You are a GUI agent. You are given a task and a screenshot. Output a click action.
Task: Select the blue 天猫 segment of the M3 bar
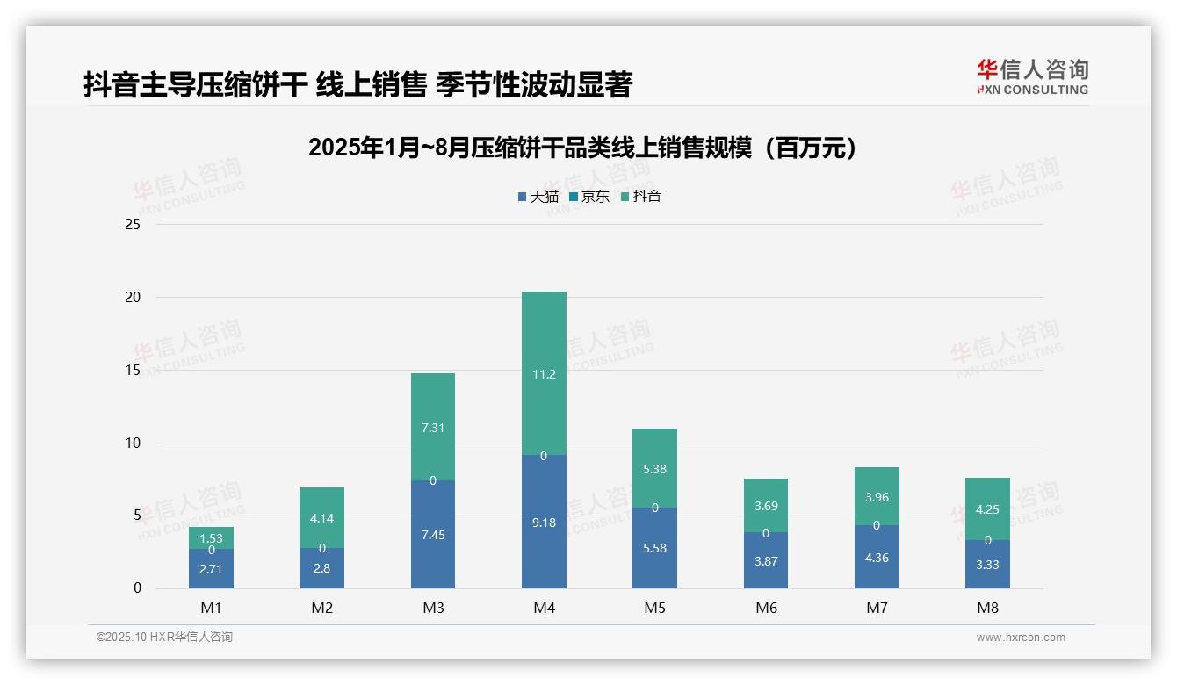tap(433, 549)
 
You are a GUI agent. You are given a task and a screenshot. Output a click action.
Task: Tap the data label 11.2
tap(544, 374)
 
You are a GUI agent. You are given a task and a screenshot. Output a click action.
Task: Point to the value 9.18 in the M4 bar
tap(544, 523)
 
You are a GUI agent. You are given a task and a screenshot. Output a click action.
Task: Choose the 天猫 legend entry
tap(538, 197)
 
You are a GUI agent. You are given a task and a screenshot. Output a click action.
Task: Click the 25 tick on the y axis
tap(133, 225)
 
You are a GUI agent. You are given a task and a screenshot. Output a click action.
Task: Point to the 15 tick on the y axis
tap(133, 370)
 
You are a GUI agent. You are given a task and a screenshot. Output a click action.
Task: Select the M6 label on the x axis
tap(766, 608)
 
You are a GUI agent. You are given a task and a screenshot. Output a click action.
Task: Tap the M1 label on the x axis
tap(212, 608)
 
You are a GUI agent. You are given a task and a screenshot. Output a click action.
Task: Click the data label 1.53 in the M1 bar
tap(212, 538)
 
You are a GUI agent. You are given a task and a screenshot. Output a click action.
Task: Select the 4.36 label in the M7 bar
tap(877, 557)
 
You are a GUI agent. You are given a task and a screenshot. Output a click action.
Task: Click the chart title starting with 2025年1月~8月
tap(582, 148)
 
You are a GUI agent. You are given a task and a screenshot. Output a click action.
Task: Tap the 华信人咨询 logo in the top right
tap(1032, 76)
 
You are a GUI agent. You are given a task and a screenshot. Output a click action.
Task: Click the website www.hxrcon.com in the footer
tap(1020, 638)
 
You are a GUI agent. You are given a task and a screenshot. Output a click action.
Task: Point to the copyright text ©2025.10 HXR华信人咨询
tap(164, 638)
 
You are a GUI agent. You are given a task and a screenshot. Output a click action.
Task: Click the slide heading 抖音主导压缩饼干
tap(357, 85)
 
